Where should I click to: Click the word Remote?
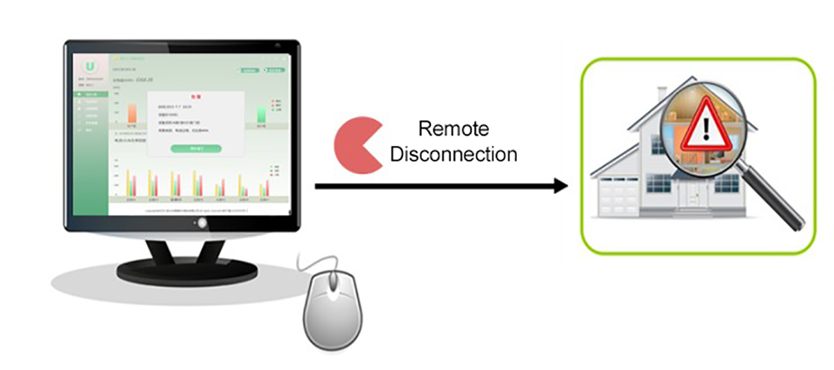453,129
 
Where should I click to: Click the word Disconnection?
453,154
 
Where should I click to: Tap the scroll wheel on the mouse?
334,282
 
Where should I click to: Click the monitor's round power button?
202,223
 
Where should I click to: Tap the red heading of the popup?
195,97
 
